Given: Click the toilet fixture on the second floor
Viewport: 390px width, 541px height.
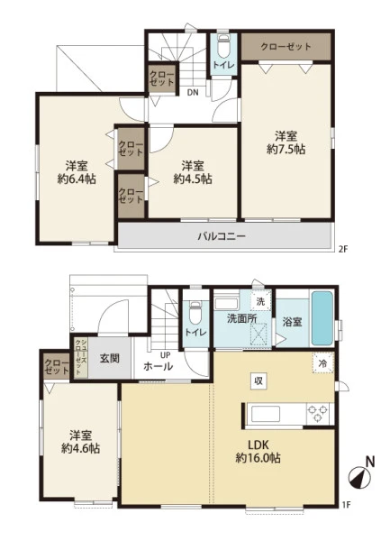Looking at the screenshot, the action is point(224,46).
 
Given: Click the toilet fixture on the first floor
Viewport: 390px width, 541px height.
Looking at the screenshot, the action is point(195,312).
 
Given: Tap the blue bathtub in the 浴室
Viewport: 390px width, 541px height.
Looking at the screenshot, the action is point(322,318).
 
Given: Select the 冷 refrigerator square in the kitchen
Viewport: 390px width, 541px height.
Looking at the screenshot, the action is point(322,363).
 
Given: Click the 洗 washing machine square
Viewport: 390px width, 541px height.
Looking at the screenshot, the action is point(260,301).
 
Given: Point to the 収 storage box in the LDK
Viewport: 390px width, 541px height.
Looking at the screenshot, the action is point(258,381).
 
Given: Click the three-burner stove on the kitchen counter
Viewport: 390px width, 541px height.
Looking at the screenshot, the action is point(317,414).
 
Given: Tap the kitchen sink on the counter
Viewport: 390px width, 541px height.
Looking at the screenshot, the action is point(266,414).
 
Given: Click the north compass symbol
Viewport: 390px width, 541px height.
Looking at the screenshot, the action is point(360,475).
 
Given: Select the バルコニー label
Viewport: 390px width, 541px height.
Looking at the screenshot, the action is point(222,236).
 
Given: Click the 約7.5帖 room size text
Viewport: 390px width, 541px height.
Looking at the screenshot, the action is point(286,150).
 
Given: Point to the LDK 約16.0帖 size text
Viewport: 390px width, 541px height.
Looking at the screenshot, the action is point(258,458).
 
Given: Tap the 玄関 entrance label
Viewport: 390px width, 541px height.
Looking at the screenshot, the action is point(110,359).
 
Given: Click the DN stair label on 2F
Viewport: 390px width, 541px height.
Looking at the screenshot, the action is point(193,92).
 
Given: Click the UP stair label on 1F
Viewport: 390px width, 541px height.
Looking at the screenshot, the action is point(165,354).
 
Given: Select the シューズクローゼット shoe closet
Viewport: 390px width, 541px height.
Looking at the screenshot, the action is point(81,357).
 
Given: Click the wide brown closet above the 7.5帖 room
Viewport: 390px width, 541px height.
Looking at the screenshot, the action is point(286,47).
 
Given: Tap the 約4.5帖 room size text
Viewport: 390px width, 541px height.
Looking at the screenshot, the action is point(193,179).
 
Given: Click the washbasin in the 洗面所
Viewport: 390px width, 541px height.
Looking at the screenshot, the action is point(227,304).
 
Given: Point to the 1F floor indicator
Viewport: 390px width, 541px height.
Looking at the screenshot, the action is point(346,505).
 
